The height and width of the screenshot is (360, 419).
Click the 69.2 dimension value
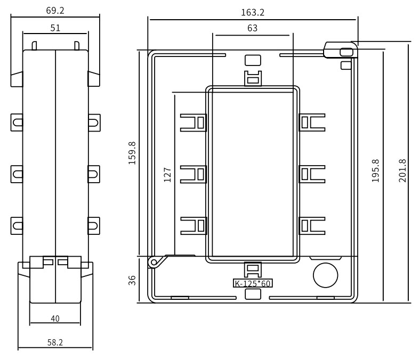pyautogui.click(x=55, y=11)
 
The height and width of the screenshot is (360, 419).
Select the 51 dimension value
pyautogui.click(x=55, y=28)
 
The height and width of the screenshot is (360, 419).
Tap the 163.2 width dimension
pyautogui.click(x=253, y=12)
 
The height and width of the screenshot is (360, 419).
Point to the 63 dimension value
pyautogui.click(x=252, y=28)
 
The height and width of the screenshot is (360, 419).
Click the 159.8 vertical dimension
pyautogui.click(x=132, y=153)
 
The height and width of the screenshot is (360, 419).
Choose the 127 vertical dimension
pyautogui.click(x=167, y=175)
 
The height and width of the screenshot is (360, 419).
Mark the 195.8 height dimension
pyautogui.click(x=375, y=171)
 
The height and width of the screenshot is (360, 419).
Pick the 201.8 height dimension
pyautogui.click(x=402, y=171)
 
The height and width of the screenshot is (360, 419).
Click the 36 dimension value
pyautogui.click(x=132, y=281)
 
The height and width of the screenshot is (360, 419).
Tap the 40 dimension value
pyautogui.click(x=55, y=318)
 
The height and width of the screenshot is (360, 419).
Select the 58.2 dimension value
pyautogui.click(x=55, y=342)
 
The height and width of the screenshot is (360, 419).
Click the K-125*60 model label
pyautogui.click(x=253, y=283)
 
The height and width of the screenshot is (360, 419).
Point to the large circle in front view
pyautogui.click(x=326, y=275)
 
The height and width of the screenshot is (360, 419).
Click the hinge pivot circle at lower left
pyautogui.click(x=154, y=262)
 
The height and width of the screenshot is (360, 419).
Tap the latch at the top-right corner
pyautogui.click(x=341, y=50)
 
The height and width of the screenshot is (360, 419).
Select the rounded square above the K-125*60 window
pyautogui.click(x=253, y=60)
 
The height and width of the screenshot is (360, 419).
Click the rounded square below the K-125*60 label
pyautogui.click(x=253, y=294)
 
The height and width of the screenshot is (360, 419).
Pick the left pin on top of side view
pyautogui.click(x=34, y=46)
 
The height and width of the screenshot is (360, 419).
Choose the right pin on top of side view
pyautogui.click(x=77, y=46)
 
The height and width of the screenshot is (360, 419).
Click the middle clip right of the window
pyautogui.click(x=312, y=174)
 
